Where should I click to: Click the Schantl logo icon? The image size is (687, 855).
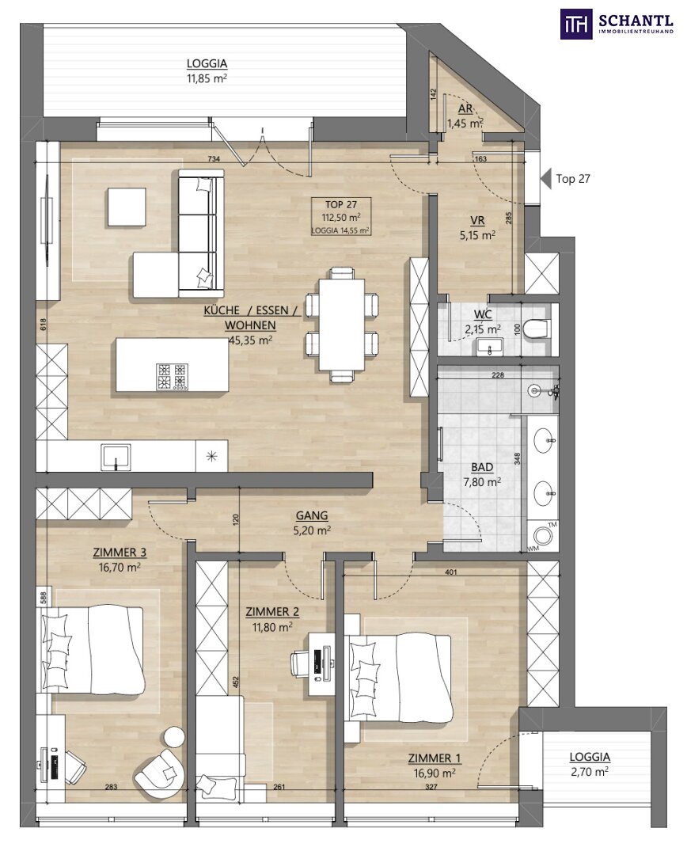576,24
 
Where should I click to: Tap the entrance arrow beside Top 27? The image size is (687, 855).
545,179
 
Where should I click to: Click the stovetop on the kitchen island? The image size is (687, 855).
171,375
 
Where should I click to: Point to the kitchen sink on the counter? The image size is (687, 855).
116,457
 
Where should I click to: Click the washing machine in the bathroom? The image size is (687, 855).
543,537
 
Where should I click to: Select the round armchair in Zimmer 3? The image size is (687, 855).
160,770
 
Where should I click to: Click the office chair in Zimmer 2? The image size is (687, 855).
300,663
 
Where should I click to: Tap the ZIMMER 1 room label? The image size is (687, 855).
434,758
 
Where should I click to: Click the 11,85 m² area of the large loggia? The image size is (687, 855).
207,78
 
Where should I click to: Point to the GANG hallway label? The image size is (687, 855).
312,515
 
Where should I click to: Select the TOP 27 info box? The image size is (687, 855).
341,216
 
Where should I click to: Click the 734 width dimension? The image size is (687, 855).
214,158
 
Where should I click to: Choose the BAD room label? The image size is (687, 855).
482,467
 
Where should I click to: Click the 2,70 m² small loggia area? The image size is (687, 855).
590,772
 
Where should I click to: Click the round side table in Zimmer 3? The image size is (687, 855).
175,737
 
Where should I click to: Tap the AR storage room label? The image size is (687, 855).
465,109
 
